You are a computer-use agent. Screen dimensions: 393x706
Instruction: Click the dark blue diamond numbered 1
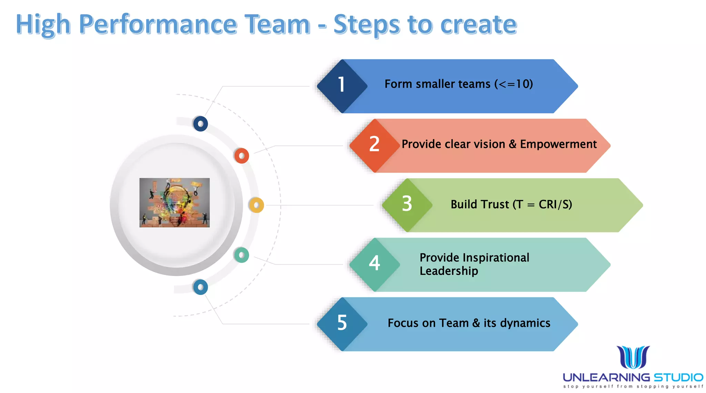tap(342, 86)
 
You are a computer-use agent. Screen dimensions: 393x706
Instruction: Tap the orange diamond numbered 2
tap(374, 145)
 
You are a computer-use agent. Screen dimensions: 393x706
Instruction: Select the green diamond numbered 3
tap(407, 204)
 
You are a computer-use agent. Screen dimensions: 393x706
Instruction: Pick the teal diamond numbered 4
tap(374, 264)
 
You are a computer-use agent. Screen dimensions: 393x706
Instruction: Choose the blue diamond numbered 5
tap(342, 324)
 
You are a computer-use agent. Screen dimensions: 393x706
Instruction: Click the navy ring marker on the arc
tap(201, 124)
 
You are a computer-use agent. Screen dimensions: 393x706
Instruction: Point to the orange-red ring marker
tap(242, 156)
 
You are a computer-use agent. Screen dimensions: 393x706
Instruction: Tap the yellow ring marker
tap(256, 205)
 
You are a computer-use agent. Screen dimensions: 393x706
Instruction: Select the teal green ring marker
tap(241, 255)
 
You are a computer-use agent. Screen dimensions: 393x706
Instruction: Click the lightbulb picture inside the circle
tap(174, 203)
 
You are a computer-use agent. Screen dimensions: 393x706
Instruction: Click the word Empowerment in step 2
tap(558, 144)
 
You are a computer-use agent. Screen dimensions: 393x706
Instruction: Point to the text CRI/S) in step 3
tap(555, 204)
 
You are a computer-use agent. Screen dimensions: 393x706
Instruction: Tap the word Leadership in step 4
tap(448, 271)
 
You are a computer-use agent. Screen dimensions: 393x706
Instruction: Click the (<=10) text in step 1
tap(513, 84)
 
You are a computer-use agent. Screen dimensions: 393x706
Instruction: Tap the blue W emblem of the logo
tap(633, 357)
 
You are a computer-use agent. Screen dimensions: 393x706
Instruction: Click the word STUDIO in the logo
tap(678, 377)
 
